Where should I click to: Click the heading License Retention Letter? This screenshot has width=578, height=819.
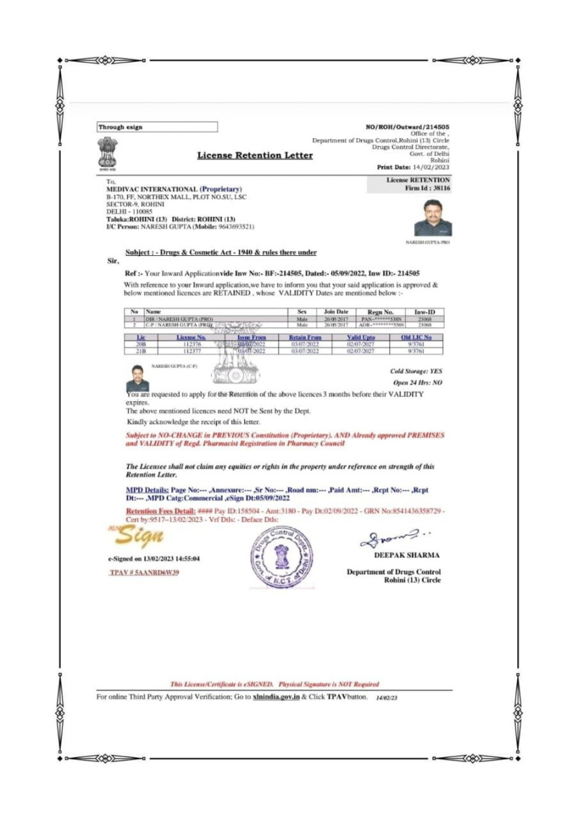pyautogui.click(x=255, y=155)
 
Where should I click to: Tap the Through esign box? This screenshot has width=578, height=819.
pyautogui.click(x=157, y=127)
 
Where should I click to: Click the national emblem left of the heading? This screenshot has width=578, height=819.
pyautogui.click(x=107, y=153)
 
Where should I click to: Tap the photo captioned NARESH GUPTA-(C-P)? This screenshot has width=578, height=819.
pyautogui.click(x=137, y=378)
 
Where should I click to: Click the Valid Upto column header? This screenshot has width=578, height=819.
pyautogui.click(x=361, y=338)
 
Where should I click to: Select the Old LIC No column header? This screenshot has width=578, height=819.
pyautogui.click(x=416, y=338)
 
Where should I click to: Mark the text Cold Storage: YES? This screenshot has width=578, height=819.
pyautogui.click(x=415, y=371)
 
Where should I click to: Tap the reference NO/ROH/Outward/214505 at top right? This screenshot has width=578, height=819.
pyautogui.click(x=408, y=127)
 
